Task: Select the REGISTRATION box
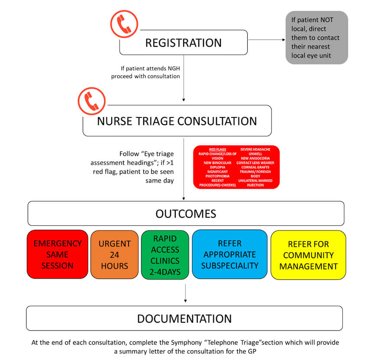pos(183,43)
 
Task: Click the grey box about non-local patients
pos(316,38)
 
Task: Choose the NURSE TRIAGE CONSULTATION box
pos(177,120)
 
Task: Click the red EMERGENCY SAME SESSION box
pos(58,254)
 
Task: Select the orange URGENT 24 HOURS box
pos(114,254)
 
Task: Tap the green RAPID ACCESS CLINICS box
pos(165,254)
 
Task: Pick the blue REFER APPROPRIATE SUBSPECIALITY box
pos(229,254)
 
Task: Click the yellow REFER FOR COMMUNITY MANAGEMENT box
pos(308,255)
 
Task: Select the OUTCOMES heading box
pos(186,214)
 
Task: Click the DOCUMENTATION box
pos(184,318)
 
